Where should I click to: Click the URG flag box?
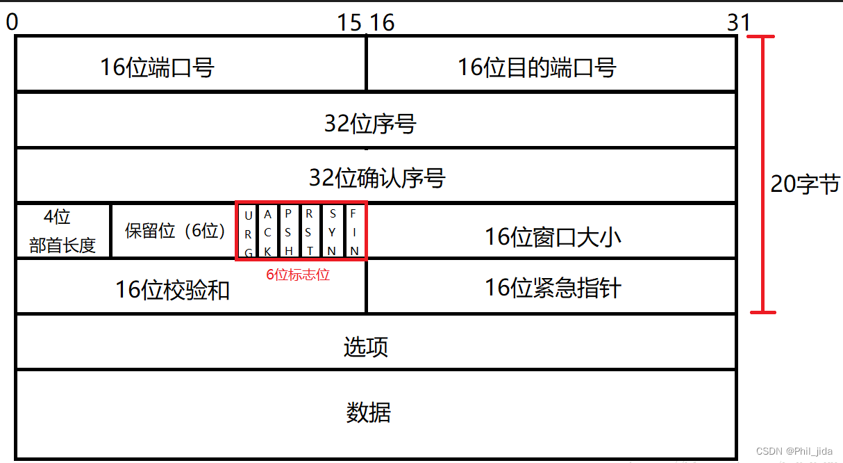pos(248,231)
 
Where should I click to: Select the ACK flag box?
pos(268,231)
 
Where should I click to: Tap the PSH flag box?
pos(289,231)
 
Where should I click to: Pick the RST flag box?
pos(310,231)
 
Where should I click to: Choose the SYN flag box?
pos(333,231)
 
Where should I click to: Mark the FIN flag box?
pos(354,231)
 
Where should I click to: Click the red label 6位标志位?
pos(298,275)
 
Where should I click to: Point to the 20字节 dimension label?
pos(805,184)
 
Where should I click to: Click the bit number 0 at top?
pos(12,23)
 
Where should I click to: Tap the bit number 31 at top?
pos(739,23)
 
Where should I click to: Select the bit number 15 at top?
pos(349,23)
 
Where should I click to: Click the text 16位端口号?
pos(157,67)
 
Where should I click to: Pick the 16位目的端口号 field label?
pos(537,67)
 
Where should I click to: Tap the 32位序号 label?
pos(370,124)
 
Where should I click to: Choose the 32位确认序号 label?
pos(376,178)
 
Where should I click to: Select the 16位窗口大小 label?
pos(553,237)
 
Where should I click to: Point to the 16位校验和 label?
pos(172,290)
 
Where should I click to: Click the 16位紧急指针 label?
pos(553,287)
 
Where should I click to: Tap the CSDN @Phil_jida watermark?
pos(794,451)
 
